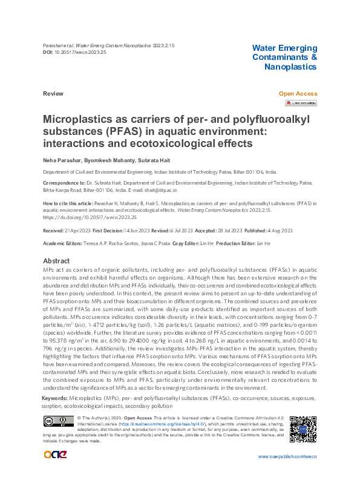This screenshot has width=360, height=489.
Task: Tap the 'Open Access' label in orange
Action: (x=297, y=94)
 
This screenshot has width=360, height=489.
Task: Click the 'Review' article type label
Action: (x=53, y=94)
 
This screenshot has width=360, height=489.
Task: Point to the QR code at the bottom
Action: (x=303, y=428)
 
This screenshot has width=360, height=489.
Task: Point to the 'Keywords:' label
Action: (x=55, y=399)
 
